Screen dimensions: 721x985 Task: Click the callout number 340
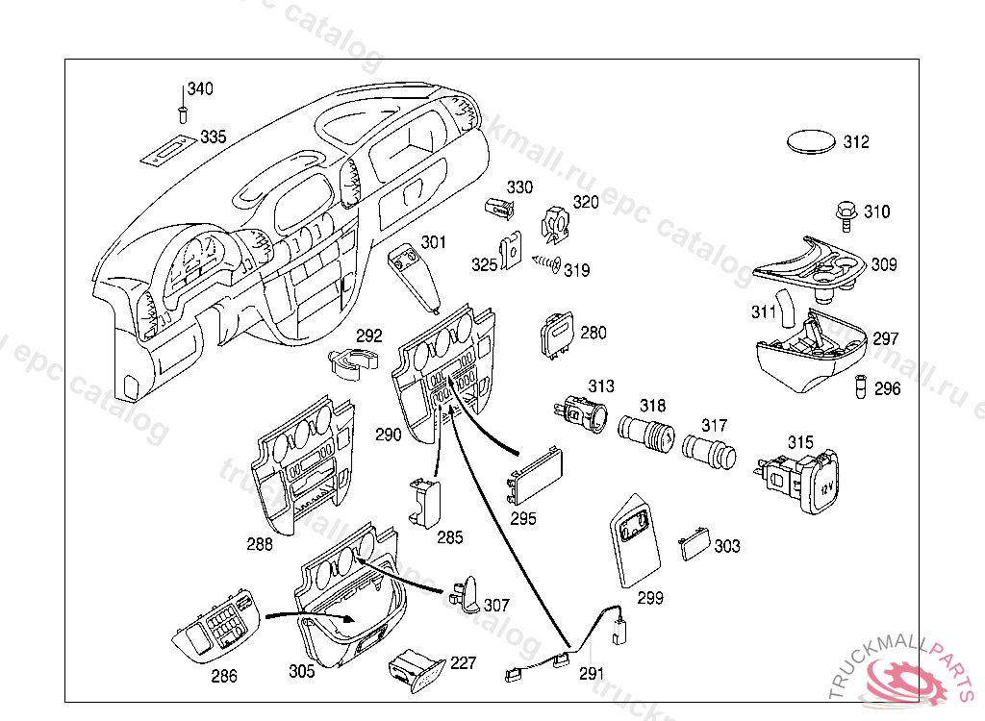click(200, 89)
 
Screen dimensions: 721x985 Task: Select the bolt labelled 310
click(845, 212)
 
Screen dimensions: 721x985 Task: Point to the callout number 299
click(650, 598)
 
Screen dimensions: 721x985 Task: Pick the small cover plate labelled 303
click(693, 546)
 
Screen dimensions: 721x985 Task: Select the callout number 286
click(224, 676)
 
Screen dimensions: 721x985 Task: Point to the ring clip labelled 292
click(349, 364)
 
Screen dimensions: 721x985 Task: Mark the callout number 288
click(260, 544)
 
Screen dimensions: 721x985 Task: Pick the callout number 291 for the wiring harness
click(592, 674)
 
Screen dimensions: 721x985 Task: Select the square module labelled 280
click(557, 336)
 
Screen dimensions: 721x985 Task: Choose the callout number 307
click(496, 606)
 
